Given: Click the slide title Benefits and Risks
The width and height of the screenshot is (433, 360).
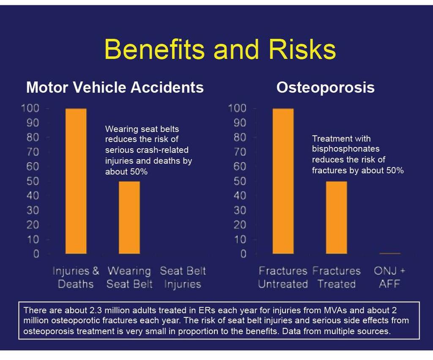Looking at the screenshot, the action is pos(220,49).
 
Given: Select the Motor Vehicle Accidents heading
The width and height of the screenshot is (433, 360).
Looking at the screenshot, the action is pos(115,87).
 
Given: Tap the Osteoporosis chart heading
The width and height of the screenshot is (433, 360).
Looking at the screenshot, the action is pos(325,88).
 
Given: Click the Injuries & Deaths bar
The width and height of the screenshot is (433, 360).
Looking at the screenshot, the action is pos(76,181).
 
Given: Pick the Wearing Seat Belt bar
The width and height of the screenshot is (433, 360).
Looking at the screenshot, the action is pos(129,217).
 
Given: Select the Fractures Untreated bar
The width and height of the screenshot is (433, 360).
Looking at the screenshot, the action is pos(283,181).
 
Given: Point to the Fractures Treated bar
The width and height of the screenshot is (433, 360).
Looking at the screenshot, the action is pos(336,217).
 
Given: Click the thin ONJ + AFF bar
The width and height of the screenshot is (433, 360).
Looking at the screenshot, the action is pos(389,253).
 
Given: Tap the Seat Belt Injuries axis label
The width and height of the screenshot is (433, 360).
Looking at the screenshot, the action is pos(183,278).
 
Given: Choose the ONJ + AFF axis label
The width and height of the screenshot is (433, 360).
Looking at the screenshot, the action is pos(389,277).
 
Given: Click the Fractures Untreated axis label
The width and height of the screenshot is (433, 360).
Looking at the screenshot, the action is pos(283,277).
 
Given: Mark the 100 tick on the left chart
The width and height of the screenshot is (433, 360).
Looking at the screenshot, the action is pos(30,108).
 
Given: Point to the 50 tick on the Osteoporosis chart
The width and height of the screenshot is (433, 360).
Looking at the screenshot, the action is pos(240,181).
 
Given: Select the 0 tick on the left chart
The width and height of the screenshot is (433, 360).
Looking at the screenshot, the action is pos(36,254).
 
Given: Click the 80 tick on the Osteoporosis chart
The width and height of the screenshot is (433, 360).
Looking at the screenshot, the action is pos(240,137).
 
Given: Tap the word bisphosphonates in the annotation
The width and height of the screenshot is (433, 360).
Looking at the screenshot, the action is pos(346,149).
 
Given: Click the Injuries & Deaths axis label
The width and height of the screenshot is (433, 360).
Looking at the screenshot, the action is pos(76,278).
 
